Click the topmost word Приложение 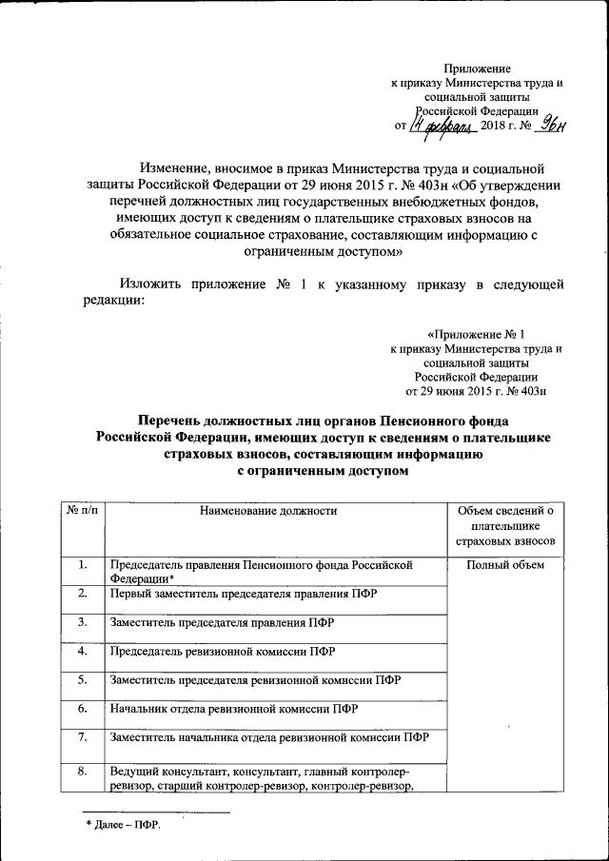pos(478,68)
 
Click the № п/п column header pos(84,511)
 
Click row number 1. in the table pos(84,566)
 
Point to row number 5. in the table pos(84,680)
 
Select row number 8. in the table pos(84,771)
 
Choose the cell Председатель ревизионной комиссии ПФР pos(223,652)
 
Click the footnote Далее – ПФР pos(124,824)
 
